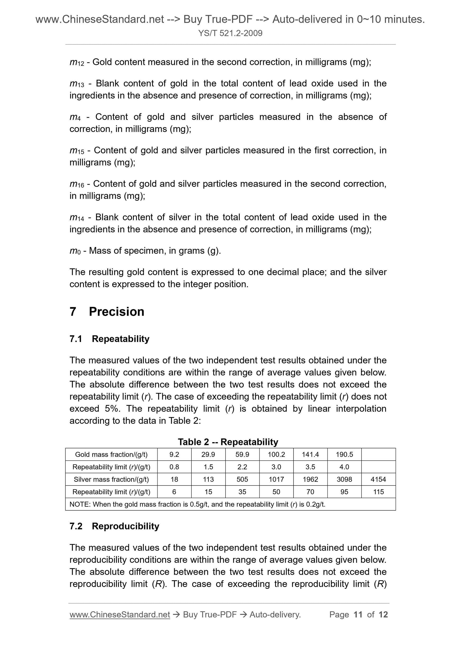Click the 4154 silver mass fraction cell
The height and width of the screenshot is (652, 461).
click(378, 479)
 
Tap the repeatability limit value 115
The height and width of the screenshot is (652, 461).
click(378, 492)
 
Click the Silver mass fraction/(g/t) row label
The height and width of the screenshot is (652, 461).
click(111, 479)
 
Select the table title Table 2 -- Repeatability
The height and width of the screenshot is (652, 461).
click(228, 442)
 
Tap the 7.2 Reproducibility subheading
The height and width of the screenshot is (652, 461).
click(114, 526)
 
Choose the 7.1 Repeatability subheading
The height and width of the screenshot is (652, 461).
click(109, 339)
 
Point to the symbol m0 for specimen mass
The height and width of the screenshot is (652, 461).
click(75, 251)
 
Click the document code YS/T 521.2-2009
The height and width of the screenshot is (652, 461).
click(230, 33)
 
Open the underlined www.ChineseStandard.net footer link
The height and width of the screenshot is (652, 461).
click(120, 615)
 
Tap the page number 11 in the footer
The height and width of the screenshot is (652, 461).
click(358, 615)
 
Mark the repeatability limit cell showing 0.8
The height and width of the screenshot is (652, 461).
click(174, 467)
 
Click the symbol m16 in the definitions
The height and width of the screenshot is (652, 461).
click(77, 184)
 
